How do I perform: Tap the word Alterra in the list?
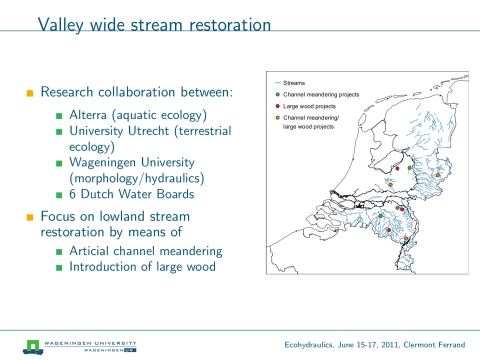point(87,115)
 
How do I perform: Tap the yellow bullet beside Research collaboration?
point(30,93)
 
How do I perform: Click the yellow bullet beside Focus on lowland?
point(30,217)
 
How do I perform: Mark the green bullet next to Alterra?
point(59,116)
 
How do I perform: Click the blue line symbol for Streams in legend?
point(277,83)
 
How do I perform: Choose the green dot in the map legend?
point(277,94)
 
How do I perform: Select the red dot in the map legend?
point(277,106)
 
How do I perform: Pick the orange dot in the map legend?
point(277,117)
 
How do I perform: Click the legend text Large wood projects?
point(309,106)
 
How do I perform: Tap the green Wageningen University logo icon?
point(33,346)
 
